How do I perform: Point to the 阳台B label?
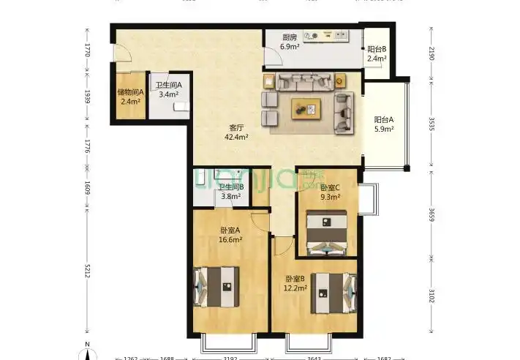[377, 49]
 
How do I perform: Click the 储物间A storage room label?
[130, 92]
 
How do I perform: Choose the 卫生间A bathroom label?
[167, 84]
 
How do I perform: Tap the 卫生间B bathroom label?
[231, 186]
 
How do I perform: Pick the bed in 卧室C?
[327, 232]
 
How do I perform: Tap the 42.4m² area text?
[236, 136]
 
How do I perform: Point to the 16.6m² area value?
[230, 239]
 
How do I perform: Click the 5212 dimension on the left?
[86, 272]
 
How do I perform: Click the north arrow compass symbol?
[86, 351]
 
